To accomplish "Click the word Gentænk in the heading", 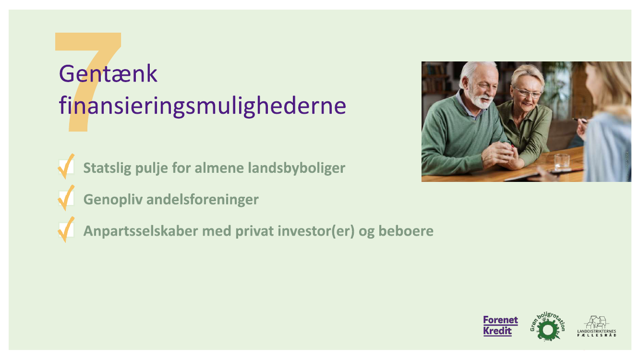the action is [x=108, y=74].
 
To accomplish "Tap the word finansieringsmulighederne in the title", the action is [x=202, y=106].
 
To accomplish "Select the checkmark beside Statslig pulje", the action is [x=66, y=167].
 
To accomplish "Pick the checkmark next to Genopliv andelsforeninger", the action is [x=66, y=198].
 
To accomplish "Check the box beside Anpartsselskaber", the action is [x=66, y=230].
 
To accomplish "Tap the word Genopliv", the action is [x=113, y=200].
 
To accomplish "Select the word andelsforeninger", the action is [x=203, y=199].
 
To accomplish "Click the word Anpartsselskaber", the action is [x=141, y=231].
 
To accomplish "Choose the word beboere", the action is [x=406, y=231].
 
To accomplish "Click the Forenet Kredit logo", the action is [x=501, y=326].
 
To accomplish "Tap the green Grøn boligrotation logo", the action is [x=548, y=326].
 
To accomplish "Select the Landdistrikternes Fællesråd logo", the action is [x=597, y=326].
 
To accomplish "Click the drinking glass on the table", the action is [x=561, y=162].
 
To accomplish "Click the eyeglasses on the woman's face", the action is [x=528, y=93].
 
